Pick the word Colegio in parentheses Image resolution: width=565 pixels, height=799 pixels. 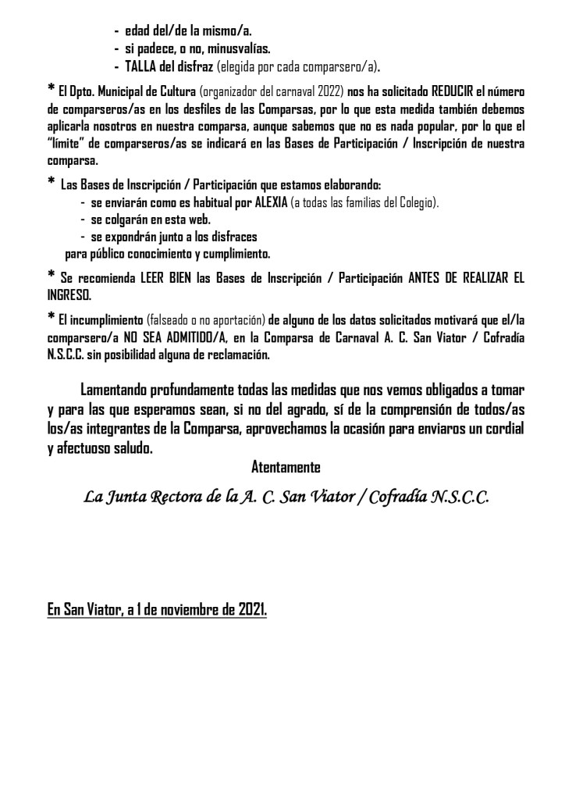(417, 203)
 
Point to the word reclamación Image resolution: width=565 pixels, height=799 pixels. (233, 355)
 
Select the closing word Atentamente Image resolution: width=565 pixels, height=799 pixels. (286, 468)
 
